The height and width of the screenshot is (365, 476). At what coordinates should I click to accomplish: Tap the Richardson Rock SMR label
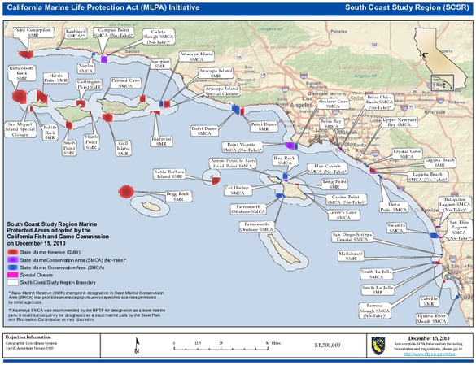[x=24, y=73]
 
